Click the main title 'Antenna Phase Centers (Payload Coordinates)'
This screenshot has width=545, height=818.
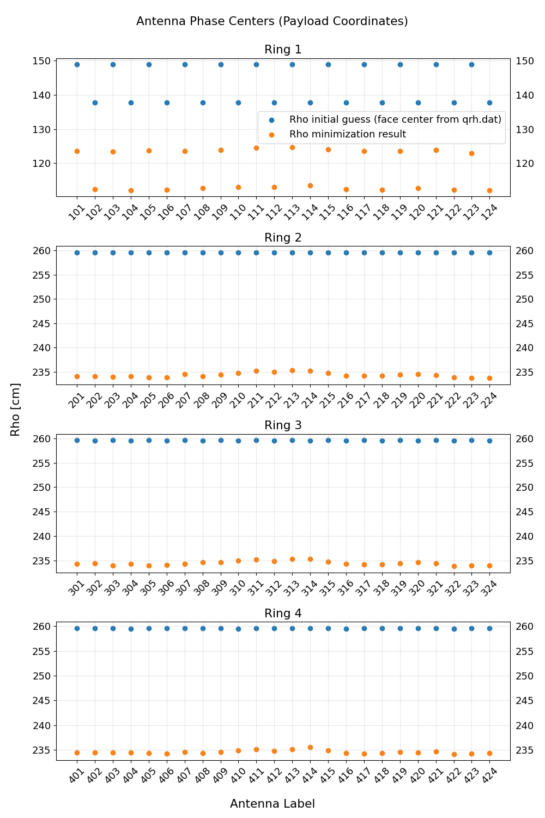[x=272, y=21]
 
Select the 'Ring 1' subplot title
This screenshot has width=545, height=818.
[x=283, y=50]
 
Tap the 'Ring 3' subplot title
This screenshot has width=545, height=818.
[x=283, y=425]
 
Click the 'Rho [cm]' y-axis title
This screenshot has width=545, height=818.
[x=15, y=409]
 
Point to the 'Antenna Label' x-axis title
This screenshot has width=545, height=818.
[x=272, y=804]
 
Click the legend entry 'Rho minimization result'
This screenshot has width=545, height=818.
[x=347, y=134]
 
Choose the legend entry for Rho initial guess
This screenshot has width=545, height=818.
[x=395, y=119]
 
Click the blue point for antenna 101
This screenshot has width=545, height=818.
[x=77, y=64]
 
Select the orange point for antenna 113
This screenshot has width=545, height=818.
[x=292, y=147]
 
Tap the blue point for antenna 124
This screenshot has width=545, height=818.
[x=489, y=103]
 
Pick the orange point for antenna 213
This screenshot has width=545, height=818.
[x=292, y=370]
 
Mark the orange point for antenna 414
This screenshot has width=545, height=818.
[x=310, y=747]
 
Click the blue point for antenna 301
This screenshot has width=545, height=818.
[x=77, y=440]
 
